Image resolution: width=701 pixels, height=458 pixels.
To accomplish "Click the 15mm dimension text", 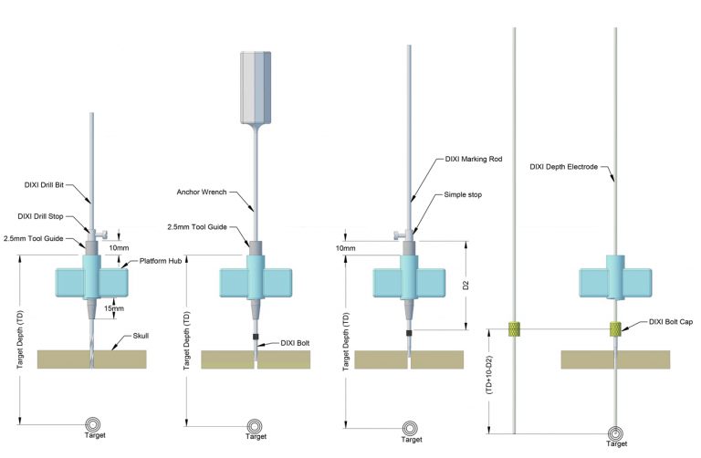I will pyautogui.click(x=115, y=308).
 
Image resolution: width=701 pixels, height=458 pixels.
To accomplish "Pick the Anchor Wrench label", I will pyautogui.click(x=202, y=192).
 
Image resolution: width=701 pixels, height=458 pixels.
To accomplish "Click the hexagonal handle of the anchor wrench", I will pyautogui.click(x=256, y=87).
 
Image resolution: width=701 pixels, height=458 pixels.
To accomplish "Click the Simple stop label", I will pyautogui.click(x=465, y=195).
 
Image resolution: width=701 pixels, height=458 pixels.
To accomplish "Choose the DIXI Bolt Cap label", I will pyautogui.click(x=668, y=321).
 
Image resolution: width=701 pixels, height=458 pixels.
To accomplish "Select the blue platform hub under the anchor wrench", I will pyautogui.click(x=255, y=282).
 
